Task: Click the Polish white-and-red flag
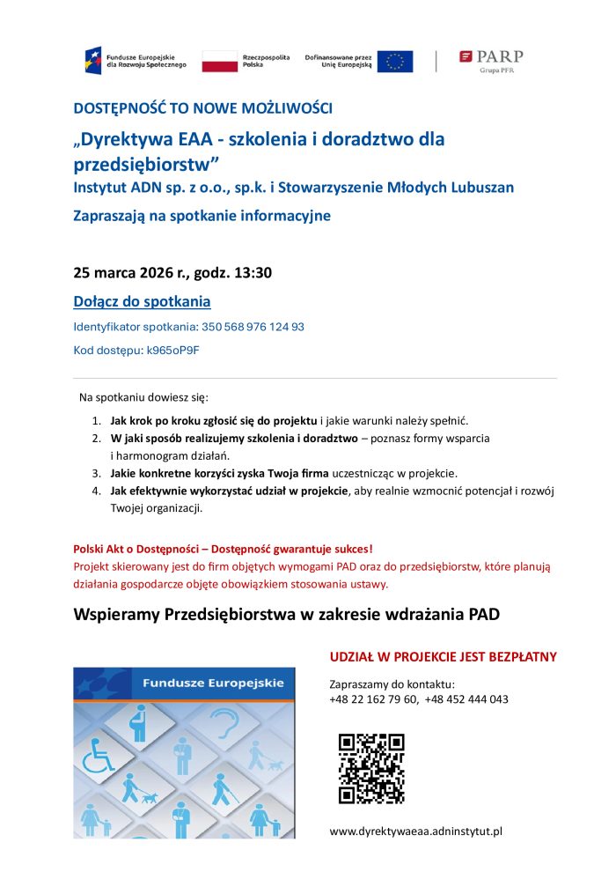pyautogui.click(x=220, y=61)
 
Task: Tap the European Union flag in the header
pyautogui.click(x=395, y=61)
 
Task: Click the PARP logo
pyautogui.click(x=491, y=60)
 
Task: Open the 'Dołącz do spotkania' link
pyautogui.click(x=142, y=302)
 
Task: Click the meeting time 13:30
pyautogui.click(x=252, y=272)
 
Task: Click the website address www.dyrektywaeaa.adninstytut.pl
pyautogui.click(x=415, y=831)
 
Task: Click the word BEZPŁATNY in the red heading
pyautogui.click(x=520, y=657)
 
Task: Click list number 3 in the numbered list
pyautogui.click(x=96, y=473)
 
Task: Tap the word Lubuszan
pyautogui.click(x=481, y=187)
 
